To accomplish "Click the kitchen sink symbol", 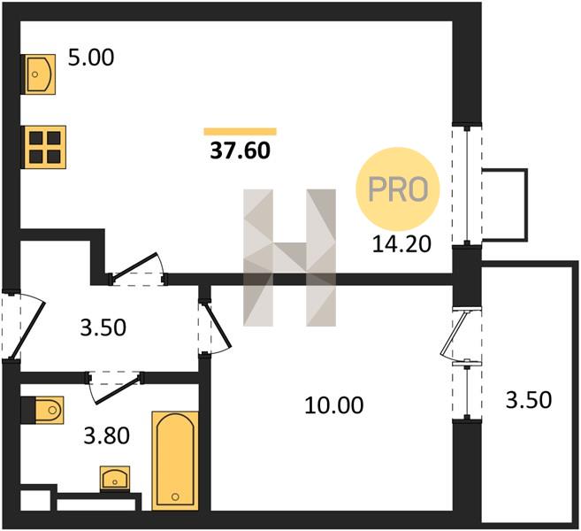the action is [41, 74].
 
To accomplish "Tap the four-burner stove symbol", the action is [45, 147].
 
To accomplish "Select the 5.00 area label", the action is [91, 58].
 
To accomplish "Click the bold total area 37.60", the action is [241, 150].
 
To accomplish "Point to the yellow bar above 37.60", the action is [241, 132].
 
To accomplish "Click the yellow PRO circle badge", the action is [398, 189].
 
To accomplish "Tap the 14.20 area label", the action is [401, 244].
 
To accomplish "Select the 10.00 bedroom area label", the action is [334, 405].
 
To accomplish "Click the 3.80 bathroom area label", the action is [107, 435].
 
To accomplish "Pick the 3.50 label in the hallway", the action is [103, 327].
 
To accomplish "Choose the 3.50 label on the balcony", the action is [529, 400].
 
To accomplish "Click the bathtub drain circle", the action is [175, 496].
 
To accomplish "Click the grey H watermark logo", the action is [289, 258].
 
